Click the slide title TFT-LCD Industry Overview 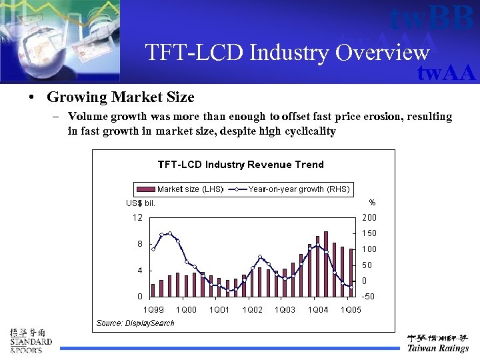[287, 52]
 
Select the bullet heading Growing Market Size [120, 97]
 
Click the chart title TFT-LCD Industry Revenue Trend [240, 165]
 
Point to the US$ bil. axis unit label [141, 203]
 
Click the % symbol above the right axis [372, 203]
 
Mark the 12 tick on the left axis [137, 217]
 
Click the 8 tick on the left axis [139, 244]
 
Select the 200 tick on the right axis [369, 217]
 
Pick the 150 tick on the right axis [369, 233]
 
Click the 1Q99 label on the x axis [154, 310]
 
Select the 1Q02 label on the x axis [252, 310]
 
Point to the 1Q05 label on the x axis [351, 310]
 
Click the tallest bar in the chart [326, 264]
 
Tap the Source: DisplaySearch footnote [135, 323]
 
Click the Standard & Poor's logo [30, 341]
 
